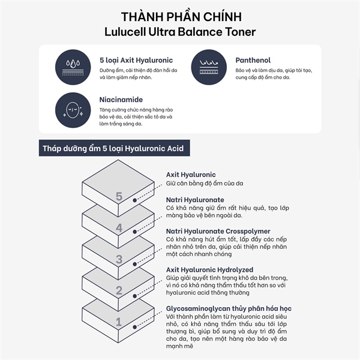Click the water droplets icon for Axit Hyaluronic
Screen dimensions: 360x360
click(73, 67)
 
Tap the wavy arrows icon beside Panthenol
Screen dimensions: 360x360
click(209, 67)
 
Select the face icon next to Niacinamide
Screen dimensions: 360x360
click(73, 110)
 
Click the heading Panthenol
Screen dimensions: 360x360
click(253, 60)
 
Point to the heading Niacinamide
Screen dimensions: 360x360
click(121, 100)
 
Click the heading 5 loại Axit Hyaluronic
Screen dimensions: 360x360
click(136, 60)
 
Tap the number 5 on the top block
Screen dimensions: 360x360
click(119, 196)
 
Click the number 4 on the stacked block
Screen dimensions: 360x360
click(119, 228)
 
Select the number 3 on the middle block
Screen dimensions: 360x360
click(119, 259)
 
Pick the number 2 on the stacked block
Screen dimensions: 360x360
click(119, 290)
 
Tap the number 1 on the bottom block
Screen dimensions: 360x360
click(118, 322)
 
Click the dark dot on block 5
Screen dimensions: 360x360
click(135, 200)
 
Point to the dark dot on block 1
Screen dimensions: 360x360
click(135, 327)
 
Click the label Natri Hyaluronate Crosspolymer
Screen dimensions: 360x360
click(218, 231)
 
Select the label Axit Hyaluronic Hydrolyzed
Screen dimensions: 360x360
click(209, 269)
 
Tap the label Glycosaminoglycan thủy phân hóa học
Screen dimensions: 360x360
click(229, 308)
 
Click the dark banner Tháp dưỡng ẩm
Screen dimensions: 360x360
click(115, 148)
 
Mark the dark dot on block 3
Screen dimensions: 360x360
click(135, 264)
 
